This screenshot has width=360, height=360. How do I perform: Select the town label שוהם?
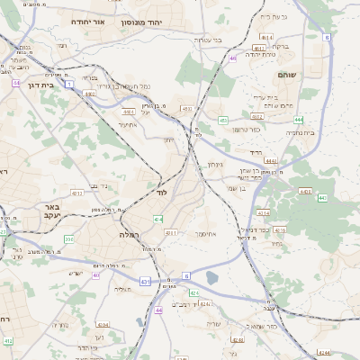point(287,75)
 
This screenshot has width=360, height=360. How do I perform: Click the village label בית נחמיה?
point(299,132)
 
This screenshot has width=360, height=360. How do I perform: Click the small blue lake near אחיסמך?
point(211,278)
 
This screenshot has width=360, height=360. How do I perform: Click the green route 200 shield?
point(69,238)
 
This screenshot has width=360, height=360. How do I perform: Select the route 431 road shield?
point(145,282)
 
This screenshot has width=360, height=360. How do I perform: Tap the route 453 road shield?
point(222,121)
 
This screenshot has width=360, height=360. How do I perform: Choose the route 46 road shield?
point(233,58)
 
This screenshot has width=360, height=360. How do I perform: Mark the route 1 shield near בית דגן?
point(17,82)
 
